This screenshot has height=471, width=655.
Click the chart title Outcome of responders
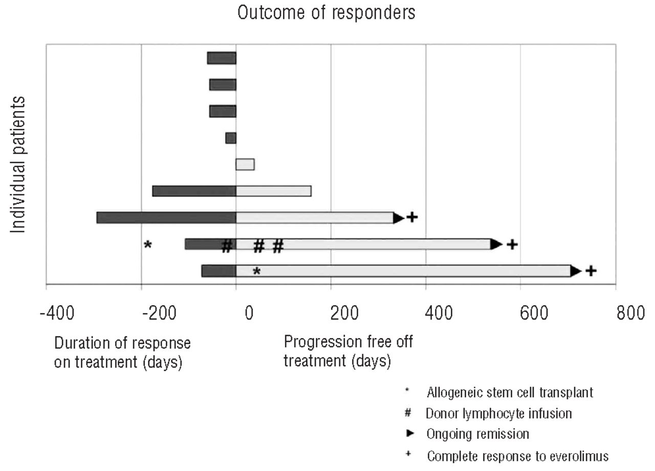click(326, 13)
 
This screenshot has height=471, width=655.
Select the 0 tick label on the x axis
click(249, 312)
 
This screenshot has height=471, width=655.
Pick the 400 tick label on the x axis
click(439, 312)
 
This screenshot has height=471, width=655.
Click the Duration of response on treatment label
click(122, 353)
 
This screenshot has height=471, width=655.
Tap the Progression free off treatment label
click(348, 352)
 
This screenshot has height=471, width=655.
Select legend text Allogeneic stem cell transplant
click(510, 393)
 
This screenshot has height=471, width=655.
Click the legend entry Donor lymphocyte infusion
click(498, 413)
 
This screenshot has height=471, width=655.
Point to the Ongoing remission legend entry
click(477, 434)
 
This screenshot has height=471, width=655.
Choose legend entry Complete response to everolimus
click(518, 455)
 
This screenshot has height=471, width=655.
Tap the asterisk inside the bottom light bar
click(257, 272)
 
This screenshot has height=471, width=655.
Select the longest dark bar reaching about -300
click(166, 217)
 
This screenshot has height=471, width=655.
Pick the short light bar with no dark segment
click(245, 164)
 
